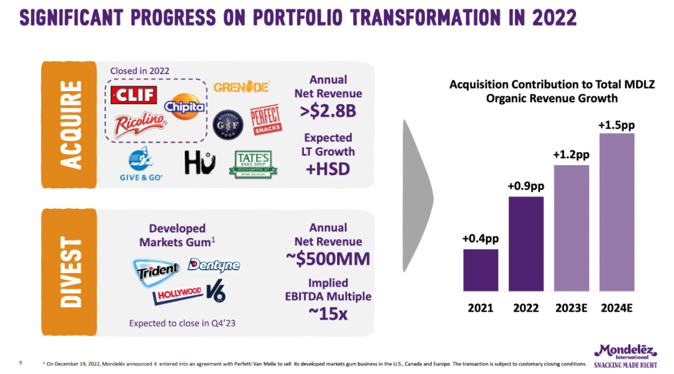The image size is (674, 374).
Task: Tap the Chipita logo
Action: point(185,106)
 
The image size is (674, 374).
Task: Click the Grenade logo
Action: point(241,87)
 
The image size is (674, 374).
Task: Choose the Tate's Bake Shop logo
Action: point(253,164)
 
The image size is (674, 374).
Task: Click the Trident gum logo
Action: point(157,269)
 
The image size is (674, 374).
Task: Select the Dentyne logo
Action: point(213,265)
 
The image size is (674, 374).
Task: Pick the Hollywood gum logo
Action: point(179,292)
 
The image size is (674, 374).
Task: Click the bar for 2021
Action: point(481,270)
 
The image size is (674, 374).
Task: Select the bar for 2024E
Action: point(617,212)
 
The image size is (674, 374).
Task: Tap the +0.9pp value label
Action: point(525,185)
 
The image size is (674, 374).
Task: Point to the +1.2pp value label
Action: point(571,153)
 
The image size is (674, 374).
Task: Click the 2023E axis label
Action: point(571,308)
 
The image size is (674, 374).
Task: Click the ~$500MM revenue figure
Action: point(328,259)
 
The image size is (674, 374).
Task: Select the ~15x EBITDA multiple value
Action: point(328,314)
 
